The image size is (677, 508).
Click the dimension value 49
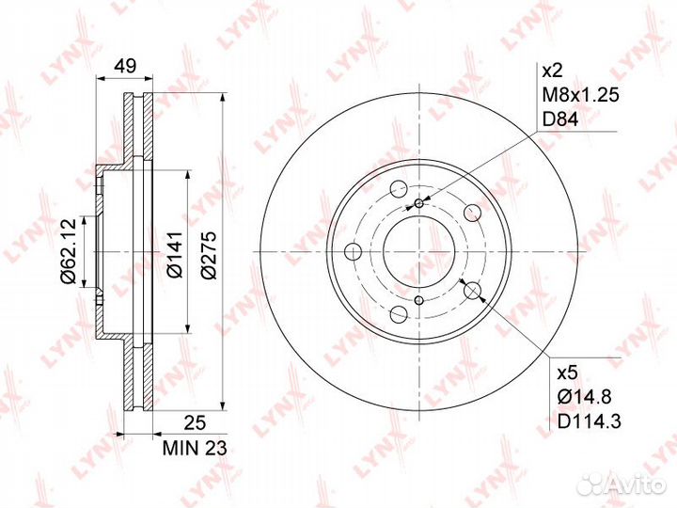(125, 66)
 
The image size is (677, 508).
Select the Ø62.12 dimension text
(69, 251)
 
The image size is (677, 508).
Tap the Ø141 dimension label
(175, 254)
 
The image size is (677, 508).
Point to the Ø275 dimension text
(209, 255)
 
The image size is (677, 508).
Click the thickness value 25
(195, 423)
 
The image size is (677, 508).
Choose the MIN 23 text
(195, 449)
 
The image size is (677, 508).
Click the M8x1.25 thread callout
(580, 95)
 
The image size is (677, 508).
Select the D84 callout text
(559, 119)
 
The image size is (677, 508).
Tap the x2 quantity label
(551, 71)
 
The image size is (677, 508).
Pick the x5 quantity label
(566, 373)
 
